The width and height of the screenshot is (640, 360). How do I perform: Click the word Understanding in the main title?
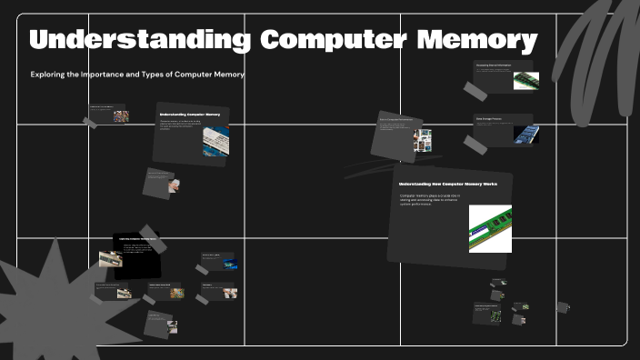139,41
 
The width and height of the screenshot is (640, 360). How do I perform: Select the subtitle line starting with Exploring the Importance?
137,75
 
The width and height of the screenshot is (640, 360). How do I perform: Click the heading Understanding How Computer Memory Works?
447,184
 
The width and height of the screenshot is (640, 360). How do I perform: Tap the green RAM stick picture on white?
490,228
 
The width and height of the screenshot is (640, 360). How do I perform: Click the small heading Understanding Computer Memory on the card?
189,115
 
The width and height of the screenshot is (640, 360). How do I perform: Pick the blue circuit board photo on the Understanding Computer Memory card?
215,140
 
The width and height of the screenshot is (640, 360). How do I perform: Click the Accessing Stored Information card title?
493,65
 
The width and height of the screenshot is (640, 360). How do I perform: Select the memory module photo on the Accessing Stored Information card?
525,80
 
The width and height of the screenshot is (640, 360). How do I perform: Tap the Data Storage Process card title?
491,118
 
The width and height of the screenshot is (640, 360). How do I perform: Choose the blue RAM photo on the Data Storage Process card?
525,134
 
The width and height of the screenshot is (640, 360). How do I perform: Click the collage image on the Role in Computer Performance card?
422,139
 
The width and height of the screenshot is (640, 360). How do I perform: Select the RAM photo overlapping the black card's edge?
110,259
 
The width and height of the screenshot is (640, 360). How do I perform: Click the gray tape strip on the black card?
147,233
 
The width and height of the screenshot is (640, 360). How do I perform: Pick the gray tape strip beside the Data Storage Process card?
475,144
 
